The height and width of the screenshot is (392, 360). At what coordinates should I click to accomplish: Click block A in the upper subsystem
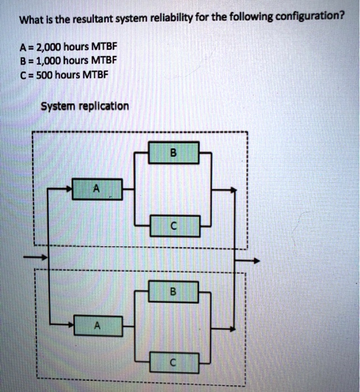pyautogui.click(x=97, y=189)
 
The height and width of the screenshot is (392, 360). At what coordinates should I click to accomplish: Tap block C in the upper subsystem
pyautogui.click(x=174, y=226)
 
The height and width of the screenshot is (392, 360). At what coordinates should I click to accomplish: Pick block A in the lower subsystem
pyautogui.click(x=97, y=325)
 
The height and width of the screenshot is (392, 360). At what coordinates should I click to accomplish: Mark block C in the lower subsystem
pyautogui.click(x=174, y=363)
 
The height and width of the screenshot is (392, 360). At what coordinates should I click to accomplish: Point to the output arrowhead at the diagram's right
pyautogui.click(x=256, y=260)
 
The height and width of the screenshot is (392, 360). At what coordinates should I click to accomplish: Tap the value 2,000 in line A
pyautogui.click(x=51, y=46)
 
